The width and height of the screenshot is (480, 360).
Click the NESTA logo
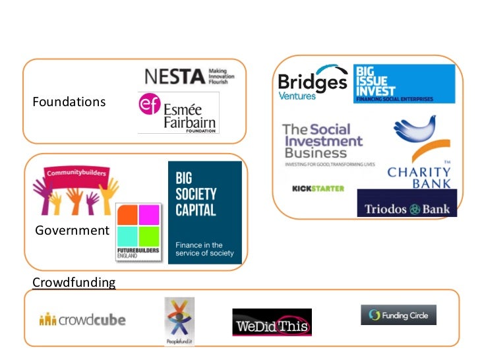(189, 76)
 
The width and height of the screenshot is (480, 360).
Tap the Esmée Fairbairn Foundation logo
(177, 113)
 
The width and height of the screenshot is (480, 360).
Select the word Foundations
(69, 102)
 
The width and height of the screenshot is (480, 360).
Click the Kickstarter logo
(318, 189)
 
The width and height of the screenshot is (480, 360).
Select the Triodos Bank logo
(407, 204)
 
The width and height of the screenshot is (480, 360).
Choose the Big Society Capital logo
(205, 212)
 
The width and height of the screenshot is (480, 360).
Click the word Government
(71, 230)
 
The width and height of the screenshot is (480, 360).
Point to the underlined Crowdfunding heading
(74, 283)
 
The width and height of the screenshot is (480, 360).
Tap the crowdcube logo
(82, 321)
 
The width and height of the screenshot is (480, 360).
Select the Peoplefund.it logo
(179, 321)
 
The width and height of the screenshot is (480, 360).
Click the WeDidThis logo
(272, 322)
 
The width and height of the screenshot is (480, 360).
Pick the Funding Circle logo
(398, 315)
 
